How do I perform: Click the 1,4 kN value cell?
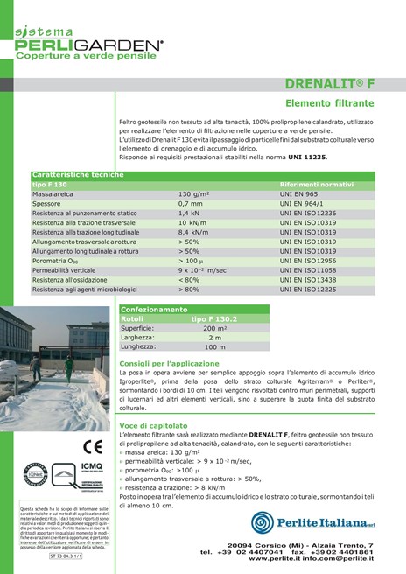(x=189, y=213)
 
